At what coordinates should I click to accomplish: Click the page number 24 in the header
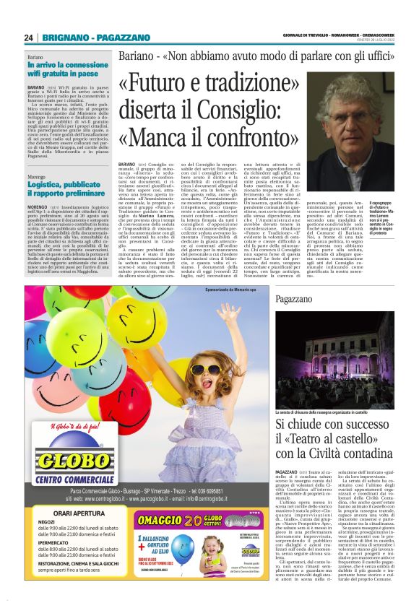pos(29,38)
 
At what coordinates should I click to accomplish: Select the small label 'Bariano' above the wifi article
pos(36,56)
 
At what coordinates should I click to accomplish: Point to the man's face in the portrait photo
pos(354,116)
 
